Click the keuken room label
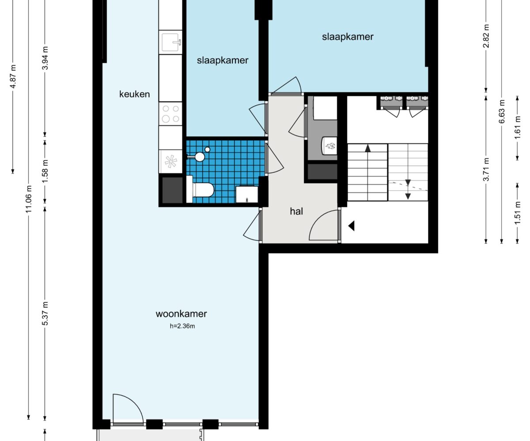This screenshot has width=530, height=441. click(x=134, y=94)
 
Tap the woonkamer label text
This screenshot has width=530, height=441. click(x=181, y=314)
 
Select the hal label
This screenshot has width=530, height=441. click(x=296, y=211)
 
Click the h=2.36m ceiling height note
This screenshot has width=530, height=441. click(x=182, y=326)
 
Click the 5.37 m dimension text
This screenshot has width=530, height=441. click(x=45, y=313)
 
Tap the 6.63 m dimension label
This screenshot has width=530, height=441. click(x=502, y=112)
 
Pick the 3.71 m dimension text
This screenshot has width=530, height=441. click(x=486, y=169)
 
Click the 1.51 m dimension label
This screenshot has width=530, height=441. click(x=518, y=213)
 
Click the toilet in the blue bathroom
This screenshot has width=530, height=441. click(x=200, y=190)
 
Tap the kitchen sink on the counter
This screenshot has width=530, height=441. click(x=170, y=42)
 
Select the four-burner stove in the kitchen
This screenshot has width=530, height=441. click(x=170, y=114)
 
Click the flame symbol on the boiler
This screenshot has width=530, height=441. click(x=330, y=146)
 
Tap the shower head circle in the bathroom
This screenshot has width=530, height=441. click(x=200, y=157)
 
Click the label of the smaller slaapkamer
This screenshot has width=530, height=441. click(x=223, y=60)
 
